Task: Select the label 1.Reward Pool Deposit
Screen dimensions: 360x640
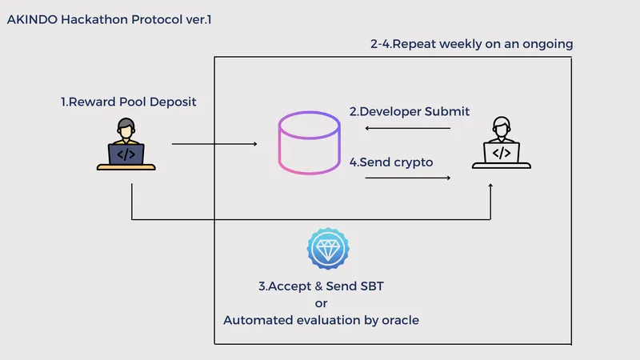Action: click(x=128, y=102)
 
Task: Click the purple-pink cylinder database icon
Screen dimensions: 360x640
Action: click(x=309, y=145)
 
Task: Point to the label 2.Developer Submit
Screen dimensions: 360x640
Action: click(x=409, y=111)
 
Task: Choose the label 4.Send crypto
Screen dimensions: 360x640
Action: click(x=391, y=162)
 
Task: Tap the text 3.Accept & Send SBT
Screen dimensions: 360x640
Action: click(x=320, y=286)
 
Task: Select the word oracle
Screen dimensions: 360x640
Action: click(x=398, y=320)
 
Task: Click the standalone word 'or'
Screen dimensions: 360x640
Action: click(x=321, y=303)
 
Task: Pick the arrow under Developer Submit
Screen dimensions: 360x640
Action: click(x=407, y=128)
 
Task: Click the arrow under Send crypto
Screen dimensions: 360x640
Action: click(x=407, y=178)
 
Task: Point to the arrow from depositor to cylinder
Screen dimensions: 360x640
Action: click(x=214, y=145)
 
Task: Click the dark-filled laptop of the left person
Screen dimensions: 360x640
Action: click(x=126, y=154)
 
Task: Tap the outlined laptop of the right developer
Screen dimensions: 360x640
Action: click(x=502, y=153)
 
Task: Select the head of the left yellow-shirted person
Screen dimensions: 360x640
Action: click(x=126, y=128)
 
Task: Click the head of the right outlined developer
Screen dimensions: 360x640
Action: click(x=502, y=126)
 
